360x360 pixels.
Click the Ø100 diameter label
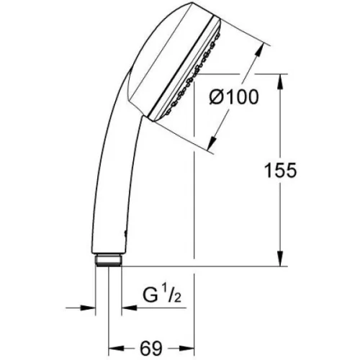pyautogui.click(x=234, y=97)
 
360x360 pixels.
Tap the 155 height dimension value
pyautogui.click(x=280, y=171)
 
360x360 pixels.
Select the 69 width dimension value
pyautogui.click(x=151, y=348)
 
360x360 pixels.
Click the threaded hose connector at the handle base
pyautogui.click(x=108, y=260)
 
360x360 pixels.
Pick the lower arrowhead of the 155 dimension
pyautogui.click(x=280, y=258)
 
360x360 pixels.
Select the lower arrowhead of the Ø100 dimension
pyautogui.click(x=212, y=143)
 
